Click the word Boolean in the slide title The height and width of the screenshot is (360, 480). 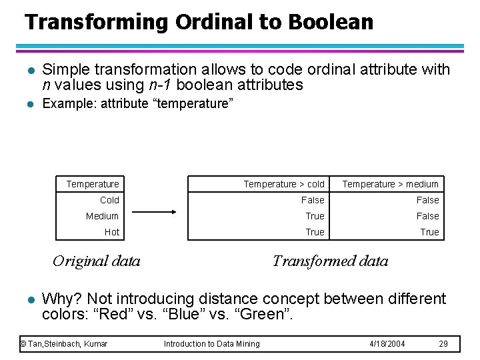click(331, 22)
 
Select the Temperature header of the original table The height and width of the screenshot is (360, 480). click(93, 184)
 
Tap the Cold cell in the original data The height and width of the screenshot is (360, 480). click(109, 200)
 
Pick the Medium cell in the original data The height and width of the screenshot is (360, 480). click(102, 216)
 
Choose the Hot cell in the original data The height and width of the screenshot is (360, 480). click(112, 232)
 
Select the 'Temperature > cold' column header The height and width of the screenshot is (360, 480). click(284, 184)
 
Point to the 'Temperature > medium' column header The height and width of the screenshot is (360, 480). click(390, 184)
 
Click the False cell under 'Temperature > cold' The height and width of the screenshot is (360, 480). click(313, 200)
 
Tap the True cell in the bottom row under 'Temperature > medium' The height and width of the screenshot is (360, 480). click(429, 232)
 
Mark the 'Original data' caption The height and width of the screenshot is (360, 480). click(97, 261)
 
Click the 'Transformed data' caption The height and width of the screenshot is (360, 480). click(330, 261)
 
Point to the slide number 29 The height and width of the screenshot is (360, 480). click(443, 343)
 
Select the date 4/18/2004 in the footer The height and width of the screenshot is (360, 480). click(387, 343)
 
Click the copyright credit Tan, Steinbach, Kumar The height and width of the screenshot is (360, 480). click(64, 343)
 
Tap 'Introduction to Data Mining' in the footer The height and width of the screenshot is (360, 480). click(212, 343)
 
